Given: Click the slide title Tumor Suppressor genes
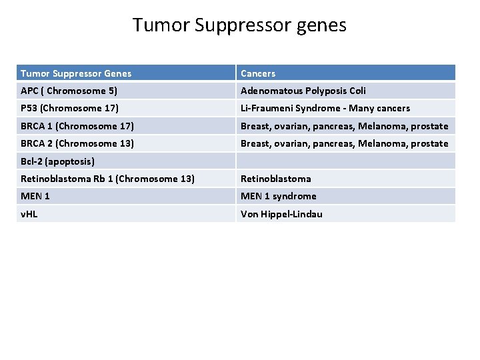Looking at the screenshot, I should [239, 25].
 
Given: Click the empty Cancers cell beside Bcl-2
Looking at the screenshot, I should [345, 161].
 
